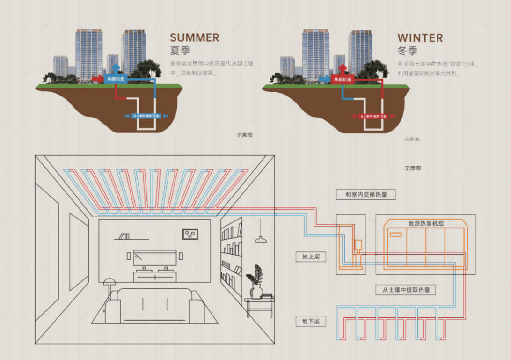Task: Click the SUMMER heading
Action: point(194,38)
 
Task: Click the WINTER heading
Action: point(420,38)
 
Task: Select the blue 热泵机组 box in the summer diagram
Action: point(114,80)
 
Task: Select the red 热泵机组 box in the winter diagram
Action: point(342,80)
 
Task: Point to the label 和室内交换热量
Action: point(366,194)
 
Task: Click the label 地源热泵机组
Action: point(425,224)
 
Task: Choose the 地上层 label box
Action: point(311,257)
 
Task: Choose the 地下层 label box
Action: point(311,322)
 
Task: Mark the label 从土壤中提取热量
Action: point(406,290)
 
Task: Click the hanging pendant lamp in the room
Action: point(261,239)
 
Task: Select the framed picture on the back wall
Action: point(190,234)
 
